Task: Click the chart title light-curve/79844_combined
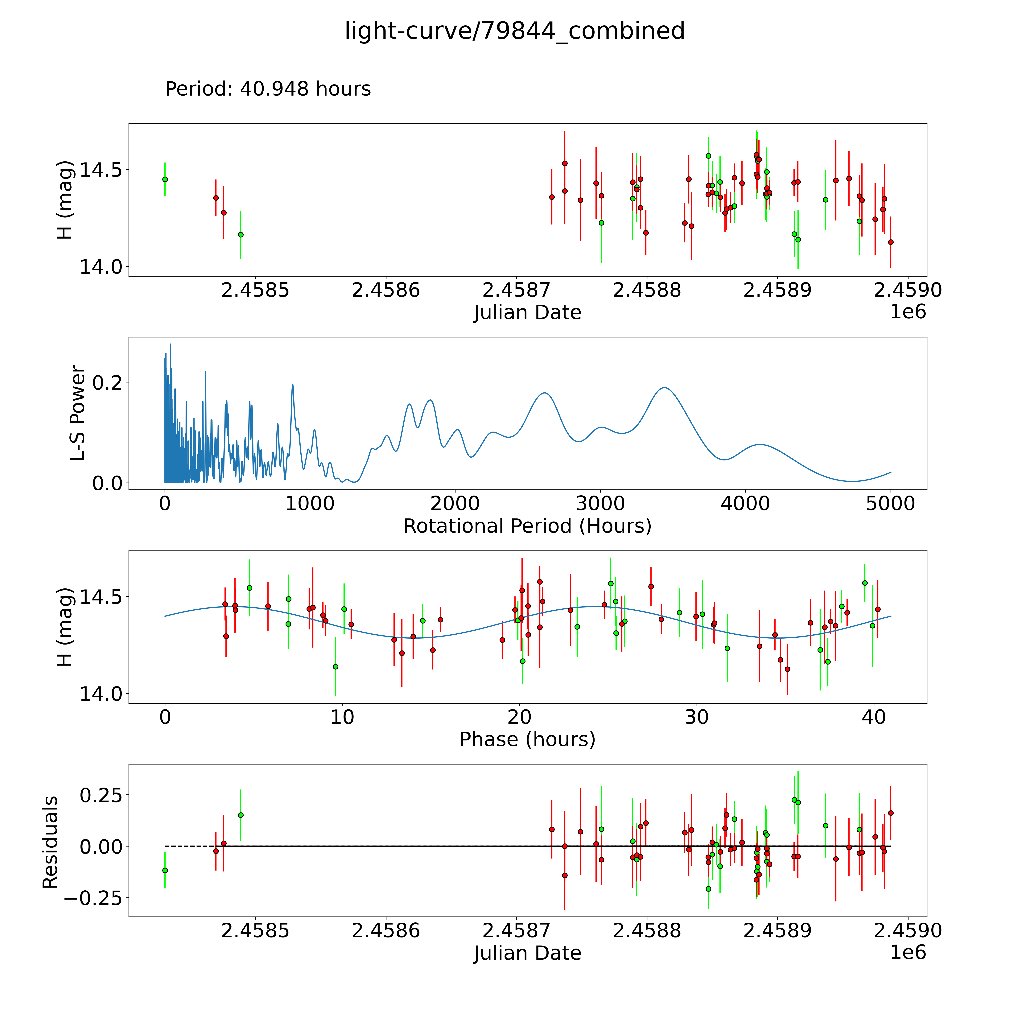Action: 514,31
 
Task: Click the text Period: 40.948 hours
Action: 268,89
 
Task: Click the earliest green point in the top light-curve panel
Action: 165,179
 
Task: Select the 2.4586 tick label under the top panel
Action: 385,290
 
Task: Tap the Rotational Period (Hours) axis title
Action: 527,526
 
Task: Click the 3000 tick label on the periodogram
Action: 600,504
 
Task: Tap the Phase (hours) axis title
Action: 527,740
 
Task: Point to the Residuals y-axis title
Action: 50,842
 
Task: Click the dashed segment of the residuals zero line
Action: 189,846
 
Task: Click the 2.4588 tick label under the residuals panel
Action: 647,931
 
